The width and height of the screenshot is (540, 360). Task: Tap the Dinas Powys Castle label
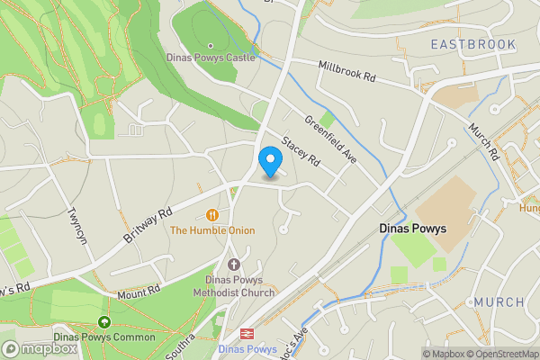[x=211, y=57]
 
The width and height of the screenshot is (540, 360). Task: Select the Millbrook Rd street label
[x=346, y=71]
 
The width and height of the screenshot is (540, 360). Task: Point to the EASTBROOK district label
[x=472, y=44]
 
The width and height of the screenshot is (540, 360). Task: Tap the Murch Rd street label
[x=481, y=141]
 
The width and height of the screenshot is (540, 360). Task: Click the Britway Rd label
[x=147, y=229]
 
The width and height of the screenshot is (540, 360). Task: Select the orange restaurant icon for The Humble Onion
[x=212, y=215]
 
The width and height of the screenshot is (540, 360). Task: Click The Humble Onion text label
[x=212, y=230]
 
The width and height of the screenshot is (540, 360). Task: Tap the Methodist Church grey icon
[x=234, y=264]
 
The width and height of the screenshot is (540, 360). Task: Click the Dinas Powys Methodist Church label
[x=234, y=285]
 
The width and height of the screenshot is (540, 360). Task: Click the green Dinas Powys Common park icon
[x=104, y=321]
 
